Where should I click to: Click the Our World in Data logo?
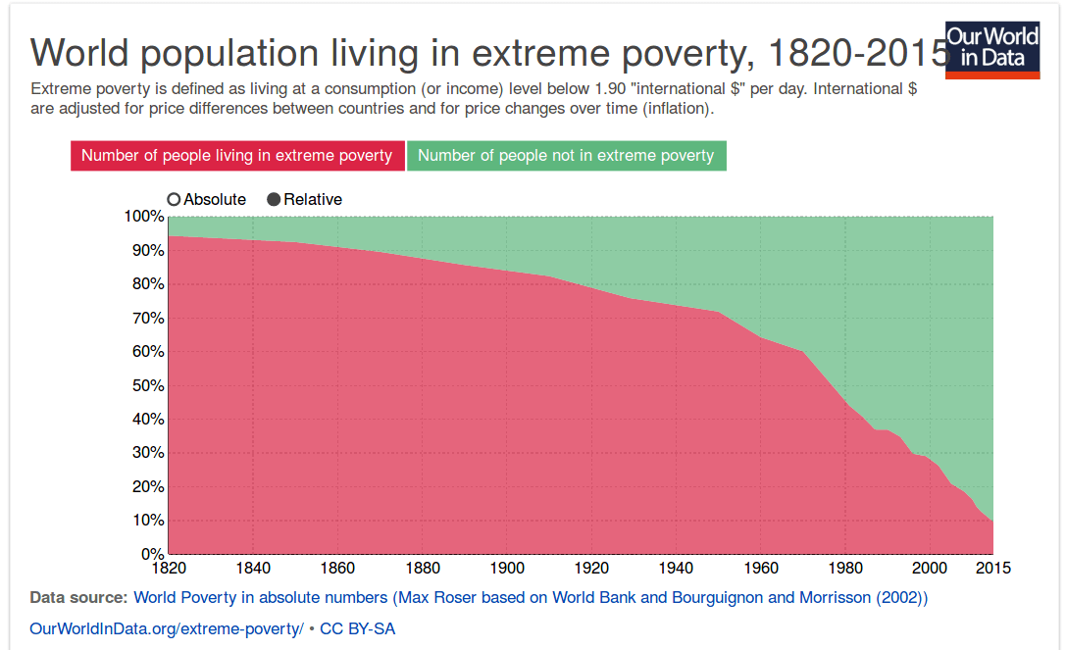tap(992, 49)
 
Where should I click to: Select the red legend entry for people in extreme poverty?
tap(236, 155)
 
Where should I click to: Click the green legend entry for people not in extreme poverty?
tap(566, 155)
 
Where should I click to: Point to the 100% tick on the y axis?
tap(144, 217)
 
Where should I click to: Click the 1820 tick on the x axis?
tap(168, 568)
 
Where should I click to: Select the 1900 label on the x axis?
tap(506, 568)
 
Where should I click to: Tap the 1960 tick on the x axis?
tap(760, 568)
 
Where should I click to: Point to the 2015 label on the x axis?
tap(992, 568)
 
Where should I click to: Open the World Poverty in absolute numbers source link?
tap(530, 597)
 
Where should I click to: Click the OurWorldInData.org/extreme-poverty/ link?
tap(167, 628)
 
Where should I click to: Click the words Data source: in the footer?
tap(78, 597)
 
